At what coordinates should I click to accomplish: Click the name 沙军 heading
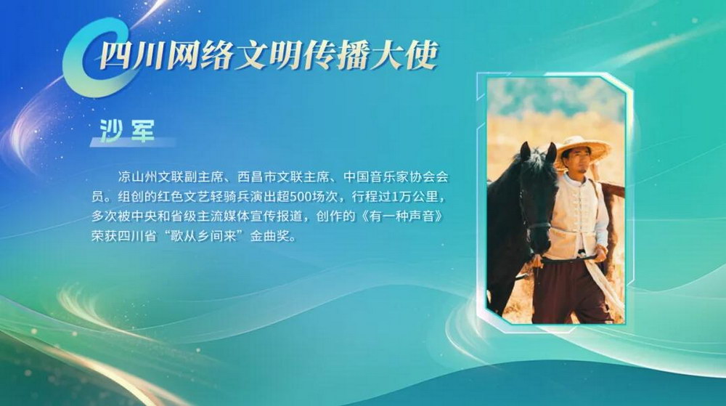click(127, 130)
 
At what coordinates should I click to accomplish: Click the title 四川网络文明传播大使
click(269, 55)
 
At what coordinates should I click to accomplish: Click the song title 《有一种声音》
click(403, 216)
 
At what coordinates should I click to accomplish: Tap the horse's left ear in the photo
click(525, 151)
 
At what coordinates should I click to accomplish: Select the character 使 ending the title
click(423, 55)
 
